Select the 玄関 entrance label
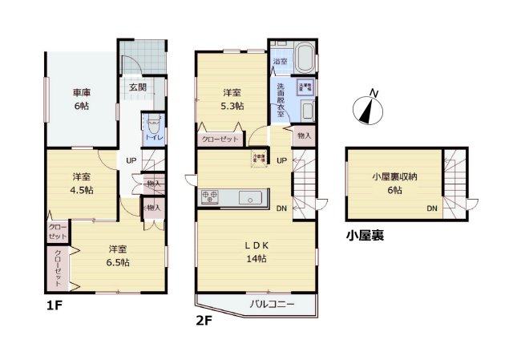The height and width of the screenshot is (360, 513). (136, 87)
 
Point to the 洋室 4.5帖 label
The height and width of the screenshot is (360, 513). (81, 183)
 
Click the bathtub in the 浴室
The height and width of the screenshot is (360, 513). (305, 59)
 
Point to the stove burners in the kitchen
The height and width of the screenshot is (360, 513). (210, 196)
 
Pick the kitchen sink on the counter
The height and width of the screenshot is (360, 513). (248, 196)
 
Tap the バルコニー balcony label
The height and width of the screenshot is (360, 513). (272, 305)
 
